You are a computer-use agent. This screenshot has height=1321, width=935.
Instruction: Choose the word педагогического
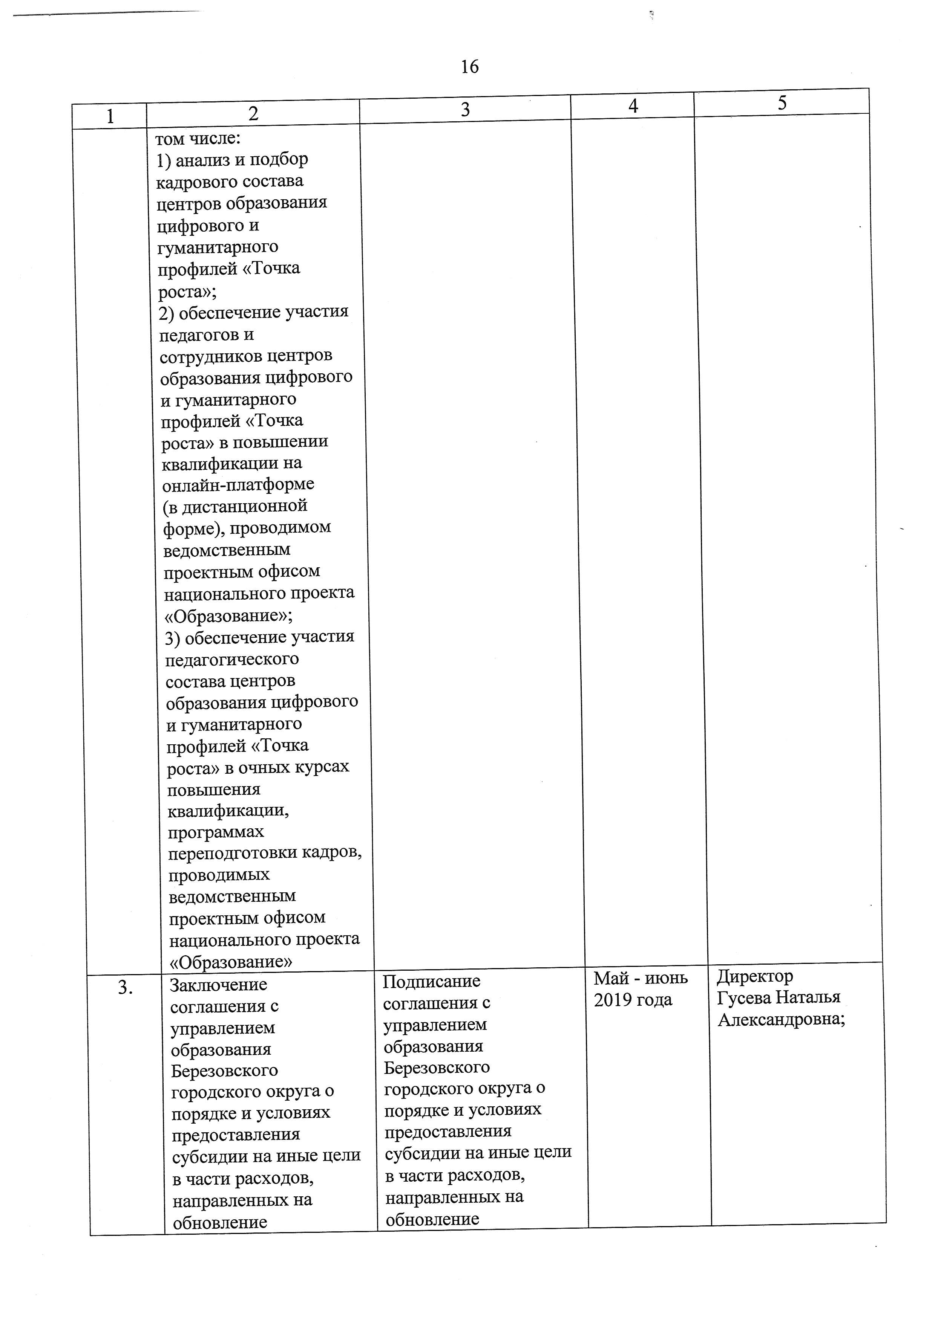(232, 659)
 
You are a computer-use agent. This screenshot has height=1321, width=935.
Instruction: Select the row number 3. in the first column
(126, 988)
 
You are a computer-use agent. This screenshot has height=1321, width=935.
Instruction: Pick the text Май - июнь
(641, 978)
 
